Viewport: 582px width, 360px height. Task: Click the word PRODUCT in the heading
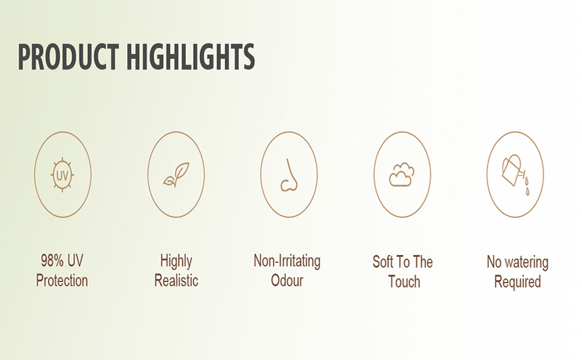pos(68,57)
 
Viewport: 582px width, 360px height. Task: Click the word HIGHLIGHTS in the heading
pos(191,57)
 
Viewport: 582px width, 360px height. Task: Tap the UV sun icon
pos(62,175)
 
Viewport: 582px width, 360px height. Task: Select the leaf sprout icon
pos(176,174)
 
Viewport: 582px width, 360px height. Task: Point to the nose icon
pos(289,175)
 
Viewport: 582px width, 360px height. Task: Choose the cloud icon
pos(401,174)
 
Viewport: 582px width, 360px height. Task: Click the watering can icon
pos(512,170)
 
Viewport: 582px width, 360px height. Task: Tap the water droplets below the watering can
pos(527,186)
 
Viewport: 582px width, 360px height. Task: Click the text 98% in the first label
pos(52,260)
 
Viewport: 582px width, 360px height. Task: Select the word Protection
pos(62,281)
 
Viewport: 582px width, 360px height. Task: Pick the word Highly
pos(176,262)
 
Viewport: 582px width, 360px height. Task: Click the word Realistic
pos(176,281)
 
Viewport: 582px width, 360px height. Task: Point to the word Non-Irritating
pos(287,261)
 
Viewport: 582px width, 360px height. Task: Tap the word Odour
pos(287,281)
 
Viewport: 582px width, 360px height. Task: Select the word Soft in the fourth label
pos(383,262)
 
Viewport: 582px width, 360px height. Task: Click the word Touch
pos(404,281)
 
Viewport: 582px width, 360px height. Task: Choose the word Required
pos(517,282)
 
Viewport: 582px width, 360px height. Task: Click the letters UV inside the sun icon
pos(62,175)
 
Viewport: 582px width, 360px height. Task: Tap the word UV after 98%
pos(76,260)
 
